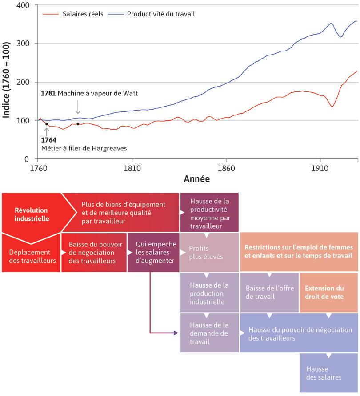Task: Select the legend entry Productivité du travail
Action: click(160, 14)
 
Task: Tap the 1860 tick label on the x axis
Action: click(227, 168)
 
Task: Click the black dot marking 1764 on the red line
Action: click(47, 124)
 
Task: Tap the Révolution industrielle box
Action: click(31, 214)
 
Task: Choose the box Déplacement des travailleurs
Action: click(32, 256)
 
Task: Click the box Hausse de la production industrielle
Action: click(209, 293)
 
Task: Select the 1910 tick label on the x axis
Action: click(319, 168)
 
